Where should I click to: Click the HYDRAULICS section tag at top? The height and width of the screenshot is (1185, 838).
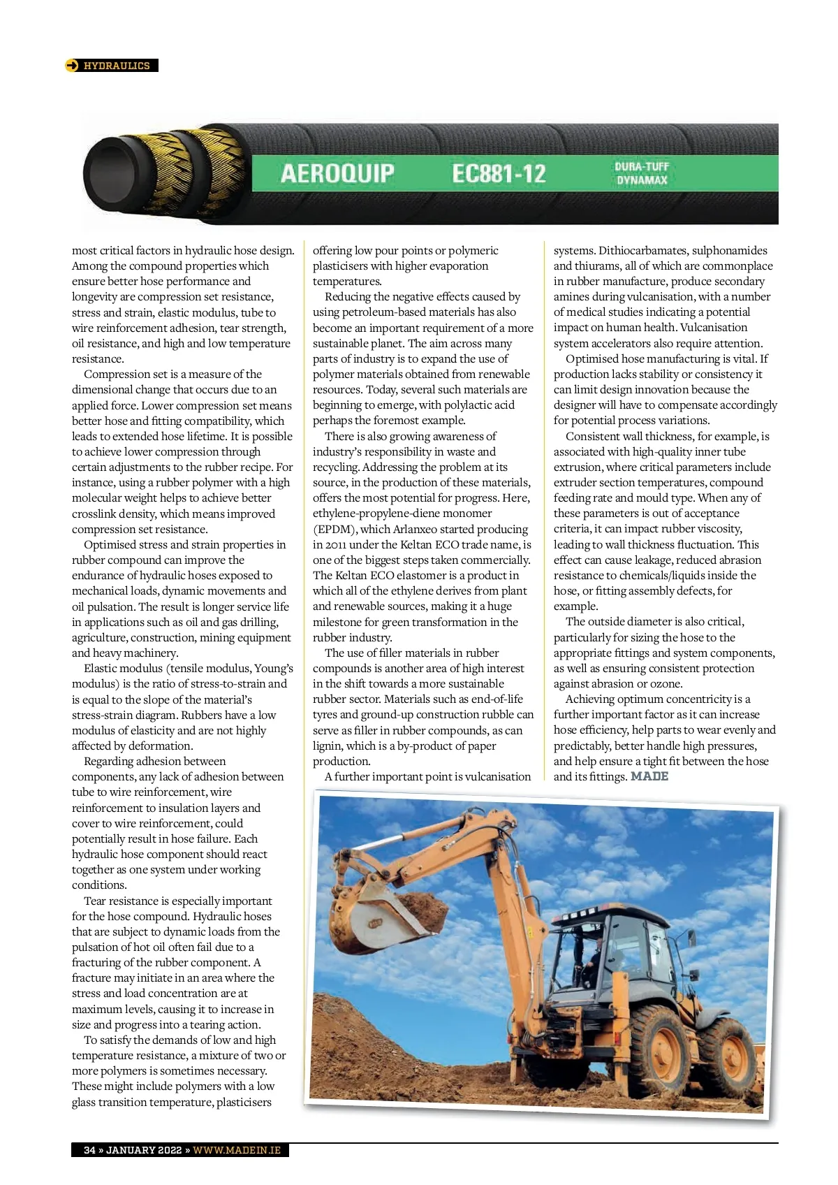point(116,66)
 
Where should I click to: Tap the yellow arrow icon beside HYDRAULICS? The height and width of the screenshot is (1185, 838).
point(72,66)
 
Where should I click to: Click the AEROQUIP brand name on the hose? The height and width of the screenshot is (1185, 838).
point(337,173)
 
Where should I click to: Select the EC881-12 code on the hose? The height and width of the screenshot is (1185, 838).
point(499,173)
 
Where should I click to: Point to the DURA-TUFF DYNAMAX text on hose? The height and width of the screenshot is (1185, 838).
point(642,173)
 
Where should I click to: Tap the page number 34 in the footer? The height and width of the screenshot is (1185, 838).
point(90,1150)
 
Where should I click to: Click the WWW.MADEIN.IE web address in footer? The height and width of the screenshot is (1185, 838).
point(237,1150)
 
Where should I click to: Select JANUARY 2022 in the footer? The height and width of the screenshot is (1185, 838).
point(144,1150)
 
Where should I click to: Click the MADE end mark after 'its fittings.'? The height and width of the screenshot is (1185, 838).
point(649,776)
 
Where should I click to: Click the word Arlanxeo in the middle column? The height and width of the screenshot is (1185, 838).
point(419,530)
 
